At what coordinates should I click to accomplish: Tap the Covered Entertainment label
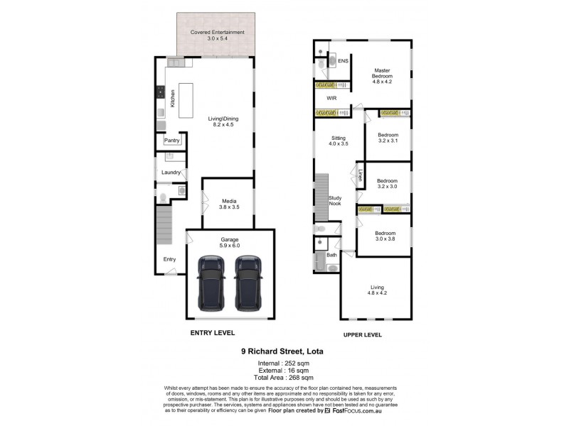(217, 36)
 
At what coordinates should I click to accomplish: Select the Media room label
(229, 204)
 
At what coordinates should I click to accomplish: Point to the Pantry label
(171, 141)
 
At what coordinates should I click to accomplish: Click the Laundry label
(170, 173)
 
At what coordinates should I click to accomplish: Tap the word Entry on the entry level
(169, 259)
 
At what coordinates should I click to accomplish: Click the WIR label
(331, 98)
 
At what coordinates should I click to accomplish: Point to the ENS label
(343, 61)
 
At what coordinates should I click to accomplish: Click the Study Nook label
(334, 200)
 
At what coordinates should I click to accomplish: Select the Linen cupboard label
(361, 175)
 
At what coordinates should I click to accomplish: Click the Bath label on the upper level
(331, 254)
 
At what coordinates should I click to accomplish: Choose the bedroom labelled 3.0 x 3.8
(385, 236)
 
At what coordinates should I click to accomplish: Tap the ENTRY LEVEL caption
(211, 333)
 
